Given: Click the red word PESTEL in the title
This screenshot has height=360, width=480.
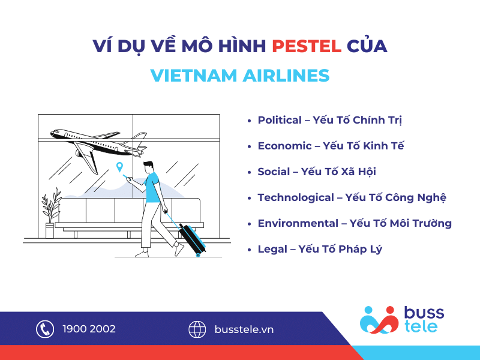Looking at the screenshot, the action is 307,46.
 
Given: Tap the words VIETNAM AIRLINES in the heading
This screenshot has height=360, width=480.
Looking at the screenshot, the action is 240,76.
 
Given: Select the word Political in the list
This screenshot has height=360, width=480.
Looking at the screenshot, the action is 280,120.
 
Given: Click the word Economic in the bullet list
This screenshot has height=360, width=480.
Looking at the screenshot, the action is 284,146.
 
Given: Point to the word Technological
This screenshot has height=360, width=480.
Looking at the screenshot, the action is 296,198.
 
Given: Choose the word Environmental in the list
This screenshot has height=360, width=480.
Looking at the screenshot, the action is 298,223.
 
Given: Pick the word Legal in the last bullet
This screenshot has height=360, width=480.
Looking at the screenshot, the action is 272,250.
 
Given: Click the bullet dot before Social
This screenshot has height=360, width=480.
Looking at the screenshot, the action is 249,172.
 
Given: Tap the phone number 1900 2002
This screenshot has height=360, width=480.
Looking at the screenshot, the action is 89,329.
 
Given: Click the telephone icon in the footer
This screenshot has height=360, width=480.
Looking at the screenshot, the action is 45,329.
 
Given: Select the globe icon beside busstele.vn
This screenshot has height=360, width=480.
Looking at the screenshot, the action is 197,329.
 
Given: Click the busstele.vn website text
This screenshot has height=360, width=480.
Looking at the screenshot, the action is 244,329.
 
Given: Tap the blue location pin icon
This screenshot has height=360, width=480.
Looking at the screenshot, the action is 119,167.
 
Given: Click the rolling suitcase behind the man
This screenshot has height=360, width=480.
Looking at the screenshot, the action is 192,239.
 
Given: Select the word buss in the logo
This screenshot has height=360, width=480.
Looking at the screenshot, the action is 424,313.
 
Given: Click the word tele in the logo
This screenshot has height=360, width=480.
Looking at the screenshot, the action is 421,326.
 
